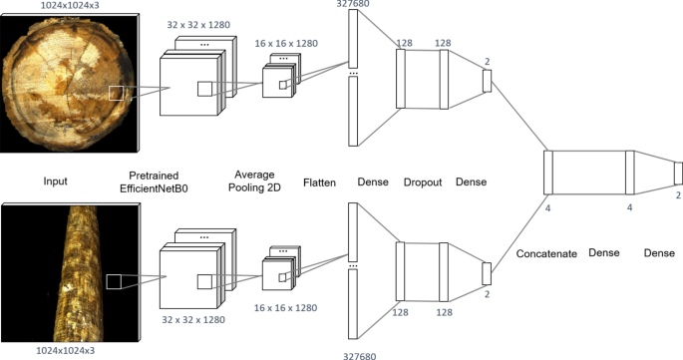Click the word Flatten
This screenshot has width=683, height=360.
[320, 182]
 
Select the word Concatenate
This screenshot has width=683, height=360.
[546, 254]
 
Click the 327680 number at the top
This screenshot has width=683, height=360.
[350, 4]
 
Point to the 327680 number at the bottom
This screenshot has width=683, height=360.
[350, 354]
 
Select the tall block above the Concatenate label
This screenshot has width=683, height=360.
[547, 173]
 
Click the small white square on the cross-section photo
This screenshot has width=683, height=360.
[118, 93]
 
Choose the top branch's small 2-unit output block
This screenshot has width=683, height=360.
[488, 82]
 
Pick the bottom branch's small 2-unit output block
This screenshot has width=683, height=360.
[488, 273]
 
